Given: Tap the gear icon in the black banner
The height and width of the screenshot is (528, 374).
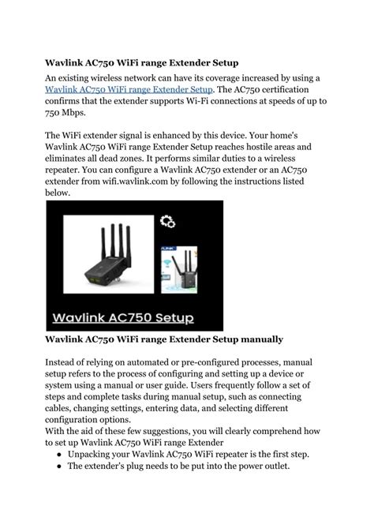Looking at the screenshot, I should (167, 221).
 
